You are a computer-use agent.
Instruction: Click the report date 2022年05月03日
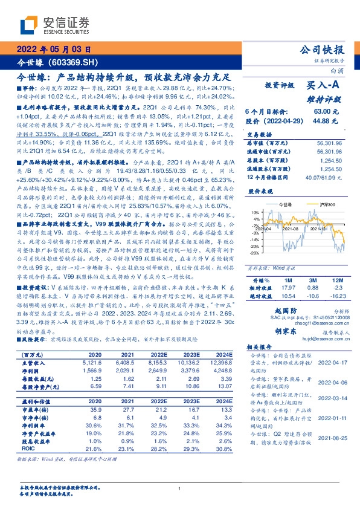[x=54, y=50]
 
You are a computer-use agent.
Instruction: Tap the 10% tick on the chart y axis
[x=256, y=213]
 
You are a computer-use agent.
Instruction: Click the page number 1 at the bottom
[x=179, y=490]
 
